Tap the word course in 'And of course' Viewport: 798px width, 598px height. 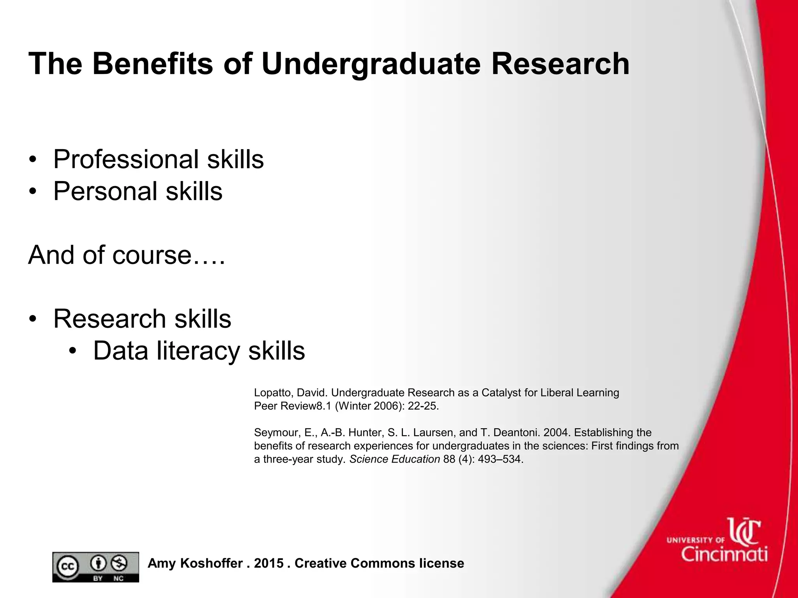click(152, 255)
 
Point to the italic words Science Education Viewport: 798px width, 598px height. click(394, 459)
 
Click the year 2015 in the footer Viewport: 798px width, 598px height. click(269, 563)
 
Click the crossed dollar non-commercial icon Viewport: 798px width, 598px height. click(118, 563)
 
